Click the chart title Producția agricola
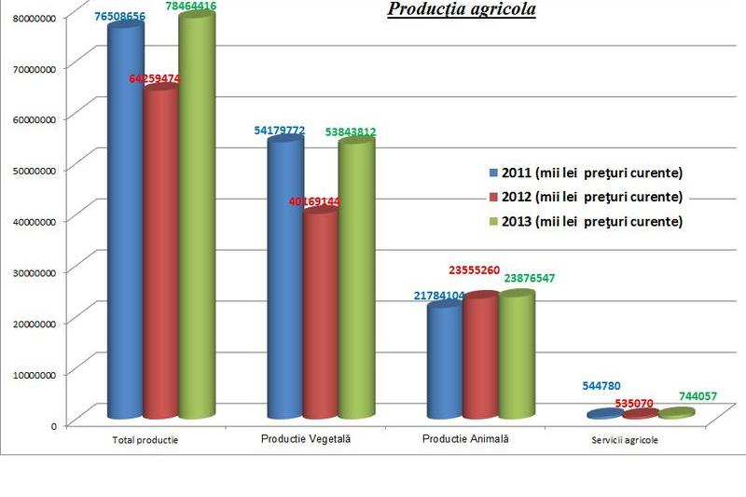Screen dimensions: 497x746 (x=462, y=10)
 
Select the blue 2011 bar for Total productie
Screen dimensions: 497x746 (x=126, y=224)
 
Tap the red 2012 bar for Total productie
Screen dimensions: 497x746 (x=160, y=252)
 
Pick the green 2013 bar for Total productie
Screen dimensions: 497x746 (x=196, y=219)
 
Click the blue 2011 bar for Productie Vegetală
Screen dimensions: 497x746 (x=285, y=280)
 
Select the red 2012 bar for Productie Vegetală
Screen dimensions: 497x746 (x=320, y=312)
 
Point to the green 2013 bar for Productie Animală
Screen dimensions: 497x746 (x=517, y=354)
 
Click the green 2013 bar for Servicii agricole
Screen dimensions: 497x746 (x=677, y=412)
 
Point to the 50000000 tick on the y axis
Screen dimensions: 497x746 (x=33, y=170)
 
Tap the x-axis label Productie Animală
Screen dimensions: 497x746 (x=466, y=438)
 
